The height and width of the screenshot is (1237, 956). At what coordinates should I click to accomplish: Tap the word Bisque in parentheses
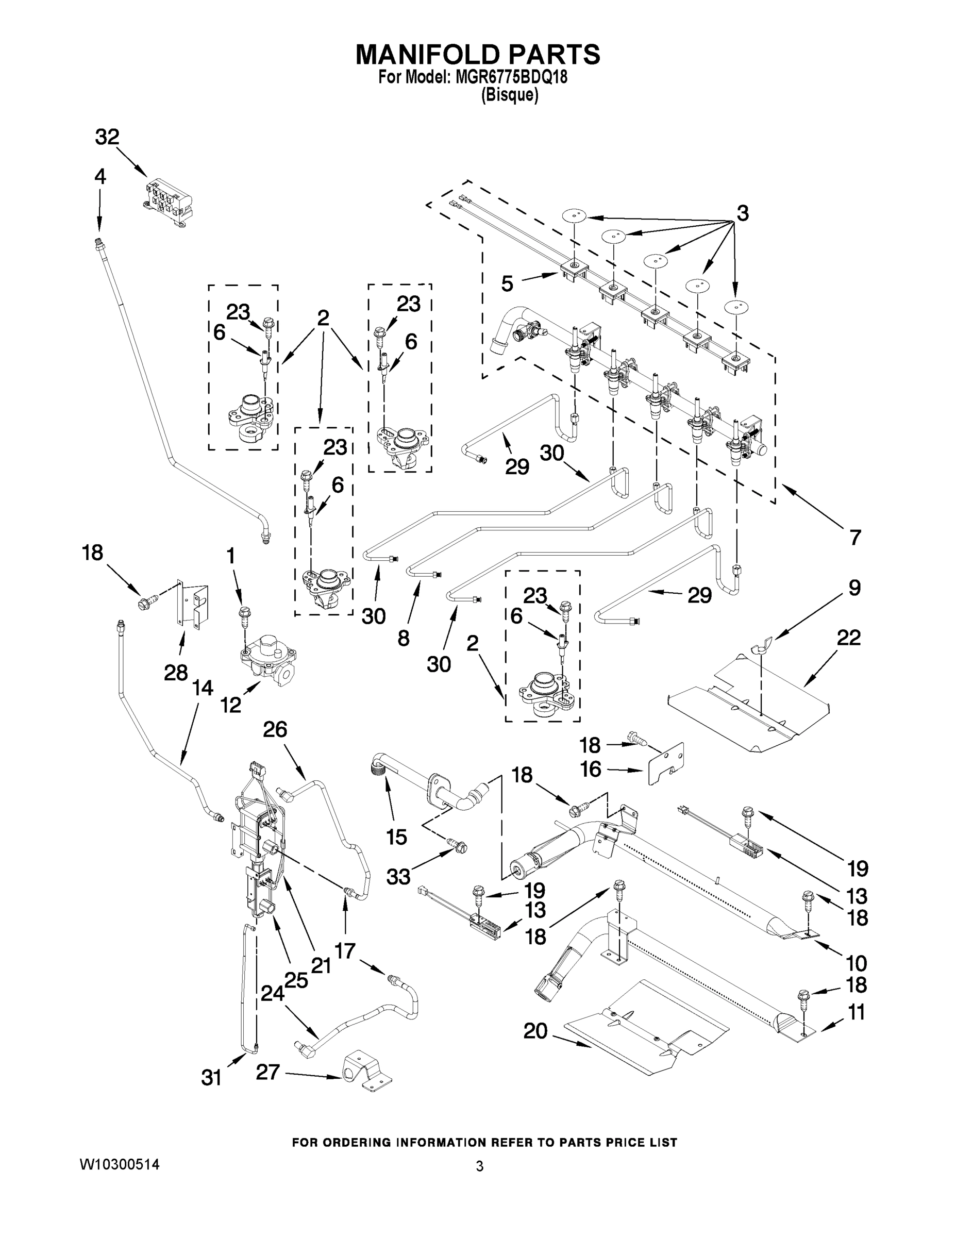coord(509,95)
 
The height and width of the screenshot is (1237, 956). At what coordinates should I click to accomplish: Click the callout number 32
coord(107,137)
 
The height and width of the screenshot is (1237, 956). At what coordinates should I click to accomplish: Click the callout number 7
coord(854,537)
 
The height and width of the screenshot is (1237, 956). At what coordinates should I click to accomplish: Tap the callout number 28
coord(176,673)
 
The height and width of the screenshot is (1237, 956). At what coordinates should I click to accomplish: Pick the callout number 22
coord(848,638)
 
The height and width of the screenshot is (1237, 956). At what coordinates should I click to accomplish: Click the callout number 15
coord(396,837)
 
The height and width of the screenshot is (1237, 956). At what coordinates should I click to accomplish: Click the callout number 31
coord(211,1078)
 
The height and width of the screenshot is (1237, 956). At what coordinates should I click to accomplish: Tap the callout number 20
coord(535,1031)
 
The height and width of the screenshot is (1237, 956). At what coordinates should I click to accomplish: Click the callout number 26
coord(275,729)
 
